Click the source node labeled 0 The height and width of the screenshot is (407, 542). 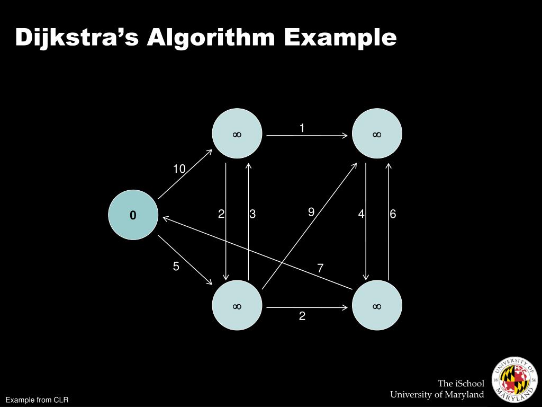click(x=133, y=215)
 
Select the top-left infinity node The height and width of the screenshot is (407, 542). click(x=237, y=134)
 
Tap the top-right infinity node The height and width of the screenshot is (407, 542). click(x=377, y=134)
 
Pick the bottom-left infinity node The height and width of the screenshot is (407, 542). click(x=237, y=305)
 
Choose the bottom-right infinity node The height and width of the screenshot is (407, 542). click(x=377, y=305)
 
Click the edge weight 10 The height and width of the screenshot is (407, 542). click(x=179, y=169)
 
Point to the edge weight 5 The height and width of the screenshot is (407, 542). click(x=176, y=267)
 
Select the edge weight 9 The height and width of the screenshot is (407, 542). click(x=311, y=212)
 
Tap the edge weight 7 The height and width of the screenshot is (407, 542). click(x=320, y=269)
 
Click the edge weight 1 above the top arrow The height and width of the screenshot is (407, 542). click(x=302, y=128)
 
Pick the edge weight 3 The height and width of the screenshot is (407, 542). click(x=253, y=214)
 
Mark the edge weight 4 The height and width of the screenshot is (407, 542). click(x=361, y=214)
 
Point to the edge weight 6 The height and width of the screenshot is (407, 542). click(x=393, y=214)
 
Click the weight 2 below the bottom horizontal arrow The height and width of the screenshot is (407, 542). click(x=302, y=316)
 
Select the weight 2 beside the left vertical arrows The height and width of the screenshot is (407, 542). click(x=221, y=214)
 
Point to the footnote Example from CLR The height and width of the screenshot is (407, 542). click(x=37, y=400)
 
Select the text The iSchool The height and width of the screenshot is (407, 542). click(x=460, y=383)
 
